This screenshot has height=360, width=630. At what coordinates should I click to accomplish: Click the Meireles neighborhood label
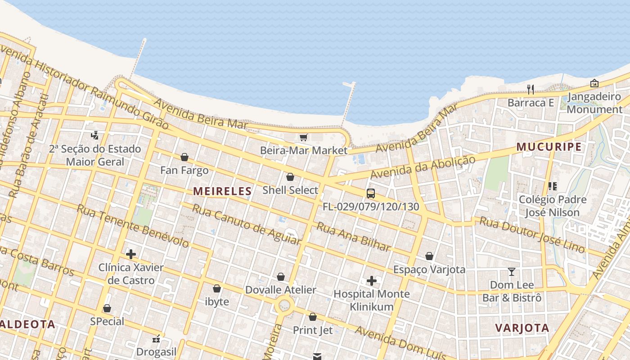[222, 191]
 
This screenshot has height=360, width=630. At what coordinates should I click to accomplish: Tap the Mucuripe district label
[549, 147]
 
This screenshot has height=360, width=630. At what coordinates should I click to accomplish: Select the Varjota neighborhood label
[522, 328]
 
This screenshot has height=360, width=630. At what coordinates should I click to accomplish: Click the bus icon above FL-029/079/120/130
[371, 193]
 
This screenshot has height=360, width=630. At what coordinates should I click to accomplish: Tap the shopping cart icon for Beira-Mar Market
[303, 137]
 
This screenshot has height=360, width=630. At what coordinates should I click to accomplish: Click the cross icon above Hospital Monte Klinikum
[371, 281]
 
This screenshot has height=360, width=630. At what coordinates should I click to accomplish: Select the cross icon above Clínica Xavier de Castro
[131, 254]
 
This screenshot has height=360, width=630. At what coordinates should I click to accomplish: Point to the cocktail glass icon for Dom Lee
[512, 271]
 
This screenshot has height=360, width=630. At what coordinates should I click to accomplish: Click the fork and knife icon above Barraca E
[531, 90]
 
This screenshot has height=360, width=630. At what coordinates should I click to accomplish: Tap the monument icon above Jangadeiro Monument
[594, 83]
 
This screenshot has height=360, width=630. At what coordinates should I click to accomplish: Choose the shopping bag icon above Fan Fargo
[184, 157]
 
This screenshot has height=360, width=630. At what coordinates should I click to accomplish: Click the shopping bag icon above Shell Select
[290, 177]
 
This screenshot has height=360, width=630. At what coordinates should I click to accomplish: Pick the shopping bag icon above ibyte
[217, 288]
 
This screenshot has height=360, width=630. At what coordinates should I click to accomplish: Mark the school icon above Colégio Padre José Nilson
[553, 186]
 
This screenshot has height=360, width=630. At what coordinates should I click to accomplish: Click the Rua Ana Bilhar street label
[353, 236]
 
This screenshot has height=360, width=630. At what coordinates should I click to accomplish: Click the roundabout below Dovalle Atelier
[284, 306]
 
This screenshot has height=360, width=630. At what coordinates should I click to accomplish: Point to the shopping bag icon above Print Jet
[313, 317]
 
